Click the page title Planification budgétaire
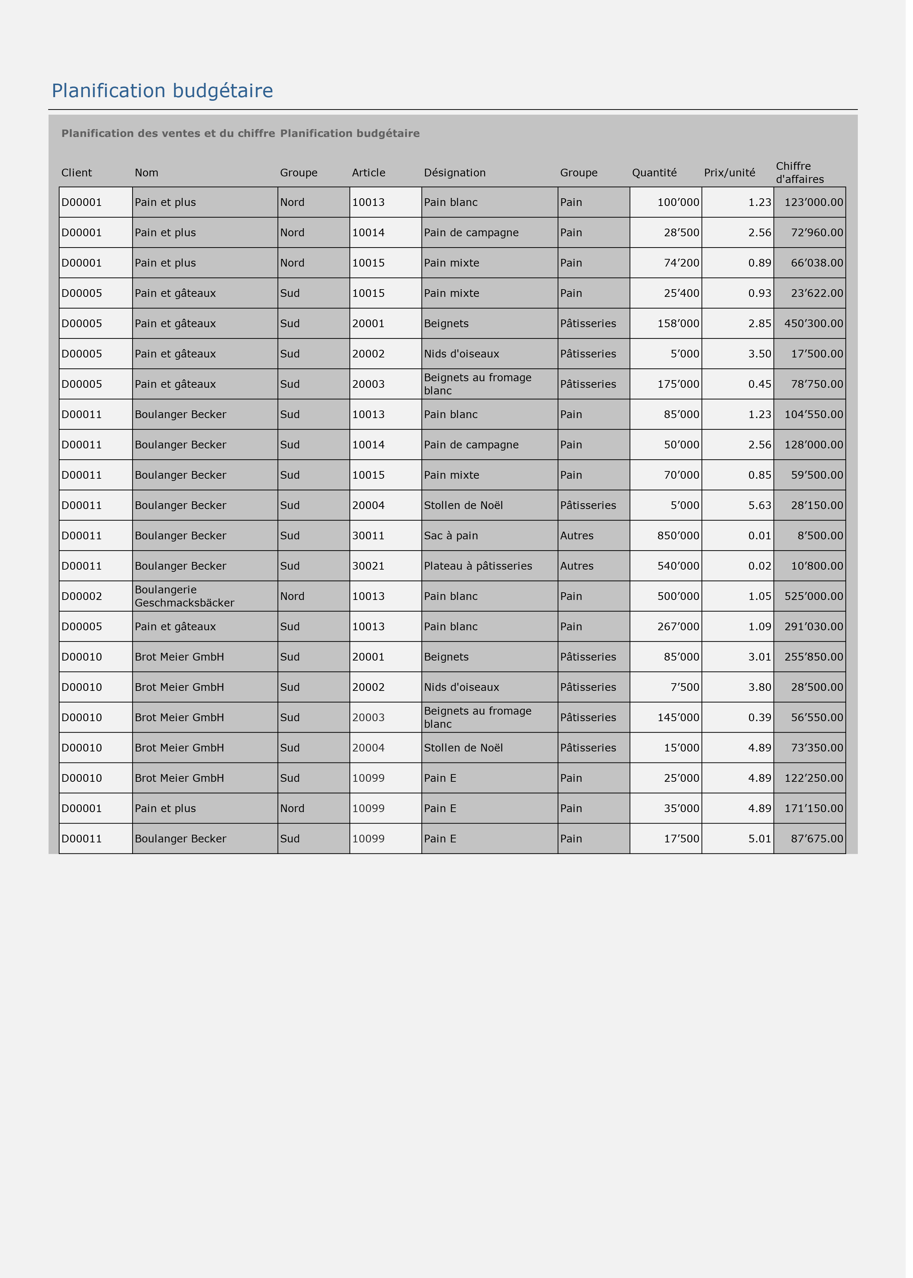click(x=163, y=91)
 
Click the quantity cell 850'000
click(x=684, y=540)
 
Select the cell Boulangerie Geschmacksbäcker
click(x=186, y=601)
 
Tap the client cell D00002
click(x=83, y=601)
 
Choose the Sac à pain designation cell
click(x=454, y=540)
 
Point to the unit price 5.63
click(x=765, y=509)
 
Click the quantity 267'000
click(x=684, y=631)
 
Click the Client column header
click(x=77, y=174)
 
